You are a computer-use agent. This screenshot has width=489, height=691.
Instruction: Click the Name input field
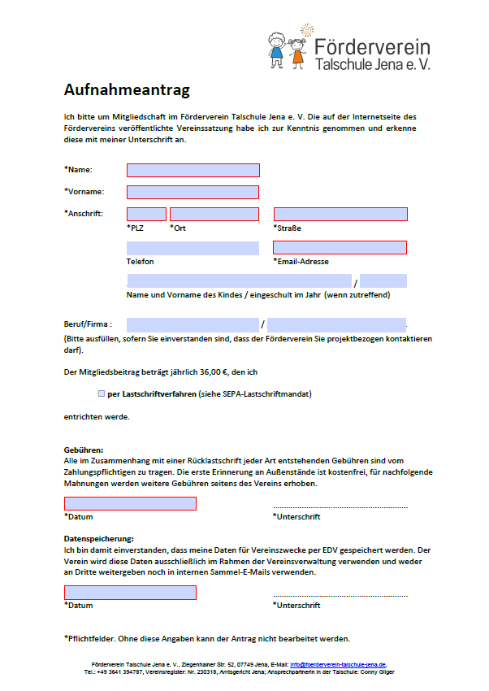click(x=193, y=170)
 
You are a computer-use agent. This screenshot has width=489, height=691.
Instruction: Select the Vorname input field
click(x=193, y=192)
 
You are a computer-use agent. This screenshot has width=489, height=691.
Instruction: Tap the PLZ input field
click(x=146, y=214)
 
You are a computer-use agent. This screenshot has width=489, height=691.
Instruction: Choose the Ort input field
click(x=214, y=214)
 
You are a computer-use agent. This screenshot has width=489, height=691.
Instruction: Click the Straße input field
click(x=340, y=214)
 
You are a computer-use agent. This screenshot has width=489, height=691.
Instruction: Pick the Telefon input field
click(x=193, y=248)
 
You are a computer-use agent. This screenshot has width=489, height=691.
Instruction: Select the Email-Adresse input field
click(x=340, y=248)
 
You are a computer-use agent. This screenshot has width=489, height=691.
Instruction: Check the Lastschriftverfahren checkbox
click(x=101, y=393)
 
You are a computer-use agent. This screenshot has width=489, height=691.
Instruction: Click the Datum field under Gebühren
click(x=130, y=504)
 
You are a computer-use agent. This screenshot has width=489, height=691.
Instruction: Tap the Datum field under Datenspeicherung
click(x=130, y=593)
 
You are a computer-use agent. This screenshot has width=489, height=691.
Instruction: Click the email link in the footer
click(x=338, y=664)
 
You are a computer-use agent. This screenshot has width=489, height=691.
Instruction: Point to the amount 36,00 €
click(x=212, y=372)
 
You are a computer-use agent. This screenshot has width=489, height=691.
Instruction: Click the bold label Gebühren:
click(x=84, y=450)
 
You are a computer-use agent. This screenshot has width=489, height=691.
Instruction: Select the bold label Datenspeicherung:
click(x=98, y=538)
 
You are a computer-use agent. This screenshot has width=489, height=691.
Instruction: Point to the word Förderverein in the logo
click(x=371, y=46)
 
